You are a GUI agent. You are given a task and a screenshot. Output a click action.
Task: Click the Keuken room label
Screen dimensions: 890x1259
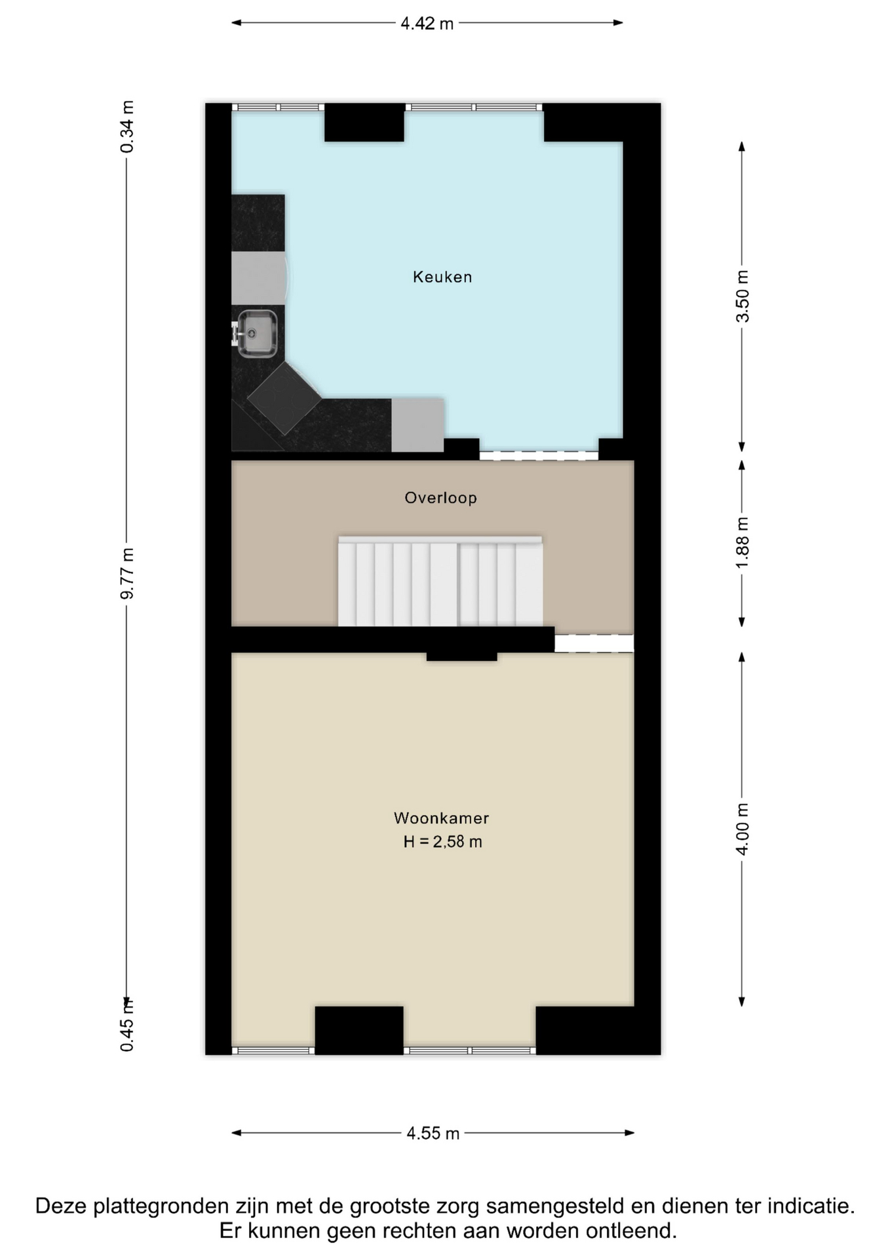click(x=442, y=277)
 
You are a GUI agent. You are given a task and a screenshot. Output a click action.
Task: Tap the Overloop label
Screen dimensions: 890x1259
click(x=440, y=498)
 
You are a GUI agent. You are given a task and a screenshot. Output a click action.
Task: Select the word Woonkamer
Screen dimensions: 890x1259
click(x=441, y=818)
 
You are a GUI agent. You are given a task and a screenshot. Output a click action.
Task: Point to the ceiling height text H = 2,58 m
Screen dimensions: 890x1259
click(x=442, y=841)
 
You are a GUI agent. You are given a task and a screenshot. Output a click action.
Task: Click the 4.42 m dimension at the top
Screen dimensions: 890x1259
click(x=427, y=24)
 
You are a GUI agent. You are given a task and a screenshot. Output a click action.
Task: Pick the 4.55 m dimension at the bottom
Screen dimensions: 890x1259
click(x=433, y=1133)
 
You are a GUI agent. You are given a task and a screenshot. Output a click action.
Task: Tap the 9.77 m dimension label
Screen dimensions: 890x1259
click(x=127, y=573)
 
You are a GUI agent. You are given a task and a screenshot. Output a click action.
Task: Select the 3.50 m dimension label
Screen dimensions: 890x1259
click(x=742, y=296)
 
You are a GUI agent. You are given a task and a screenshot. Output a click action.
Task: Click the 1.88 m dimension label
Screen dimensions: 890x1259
click(x=742, y=544)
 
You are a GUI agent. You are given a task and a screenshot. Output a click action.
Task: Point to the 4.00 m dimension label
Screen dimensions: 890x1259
click(x=742, y=829)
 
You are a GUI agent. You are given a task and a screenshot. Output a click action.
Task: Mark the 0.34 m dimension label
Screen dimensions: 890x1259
click(x=127, y=127)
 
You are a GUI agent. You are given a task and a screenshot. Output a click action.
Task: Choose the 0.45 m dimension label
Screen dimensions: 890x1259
click(x=127, y=1024)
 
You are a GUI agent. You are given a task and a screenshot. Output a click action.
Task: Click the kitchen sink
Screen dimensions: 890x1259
click(x=256, y=334)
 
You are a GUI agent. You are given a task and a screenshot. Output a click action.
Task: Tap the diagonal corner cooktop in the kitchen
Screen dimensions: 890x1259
click(x=284, y=398)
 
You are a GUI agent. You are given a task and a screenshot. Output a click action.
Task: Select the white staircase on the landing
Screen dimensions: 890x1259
click(x=440, y=581)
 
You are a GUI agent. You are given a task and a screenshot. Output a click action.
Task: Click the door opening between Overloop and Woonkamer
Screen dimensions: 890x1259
click(x=594, y=643)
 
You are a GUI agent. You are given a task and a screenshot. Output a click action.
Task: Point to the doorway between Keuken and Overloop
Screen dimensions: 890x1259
click(x=539, y=455)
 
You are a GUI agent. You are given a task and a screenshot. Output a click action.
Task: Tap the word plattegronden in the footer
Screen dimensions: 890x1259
click(x=167, y=1207)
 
